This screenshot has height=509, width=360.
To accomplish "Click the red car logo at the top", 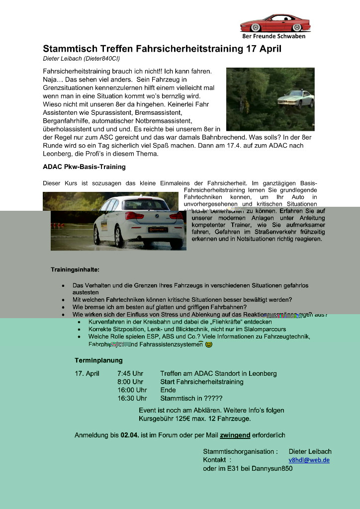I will point(275,23).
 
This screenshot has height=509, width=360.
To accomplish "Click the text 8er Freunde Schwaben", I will point(273,36).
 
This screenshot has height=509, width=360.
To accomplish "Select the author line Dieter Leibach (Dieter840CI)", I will point(82,59).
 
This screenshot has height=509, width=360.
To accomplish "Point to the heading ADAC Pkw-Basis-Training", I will point(84,167).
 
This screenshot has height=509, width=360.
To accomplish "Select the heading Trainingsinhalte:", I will point(75,269).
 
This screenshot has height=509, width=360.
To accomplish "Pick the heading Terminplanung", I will point(98,360).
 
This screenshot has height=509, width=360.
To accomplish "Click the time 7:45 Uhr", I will point(130,373).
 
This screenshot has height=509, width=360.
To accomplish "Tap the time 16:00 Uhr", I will point(132,390).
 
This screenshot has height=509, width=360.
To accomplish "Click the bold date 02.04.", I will point(130,435).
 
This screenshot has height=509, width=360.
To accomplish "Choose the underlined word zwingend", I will point(235,435).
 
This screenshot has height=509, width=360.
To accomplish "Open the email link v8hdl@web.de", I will point(309,460).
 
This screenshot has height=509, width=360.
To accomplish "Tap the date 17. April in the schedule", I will point(87,373).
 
